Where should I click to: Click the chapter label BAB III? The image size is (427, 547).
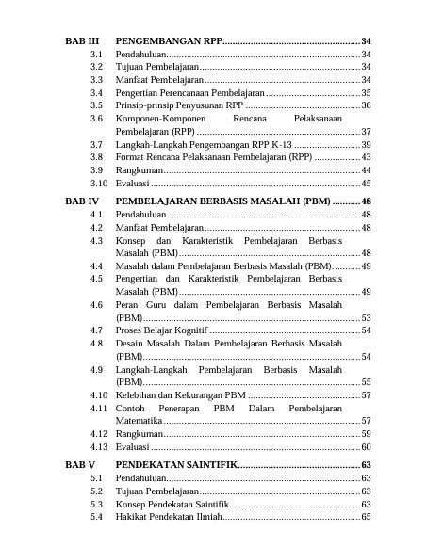pyautogui.click(x=82, y=42)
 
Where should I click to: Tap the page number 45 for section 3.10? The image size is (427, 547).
pyautogui.click(x=366, y=184)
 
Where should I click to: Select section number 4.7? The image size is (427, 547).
pyautogui.click(x=96, y=330)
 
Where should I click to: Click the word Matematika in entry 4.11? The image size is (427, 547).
pyautogui.click(x=139, y=421)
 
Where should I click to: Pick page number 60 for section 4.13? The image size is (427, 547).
pyautogui.click(x=366, y=446)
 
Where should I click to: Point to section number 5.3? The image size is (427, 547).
pyautogui.click(x=96, y=504)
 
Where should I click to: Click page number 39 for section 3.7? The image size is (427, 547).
pyautogui.click(x=366, y=145)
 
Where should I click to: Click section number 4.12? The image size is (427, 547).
pyautogui.click(x=98, y=434)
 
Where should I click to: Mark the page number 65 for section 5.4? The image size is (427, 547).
pyautogui.click(x=366, y=517)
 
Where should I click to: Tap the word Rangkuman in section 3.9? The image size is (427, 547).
pyautogui.click(x=139, y=170)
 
